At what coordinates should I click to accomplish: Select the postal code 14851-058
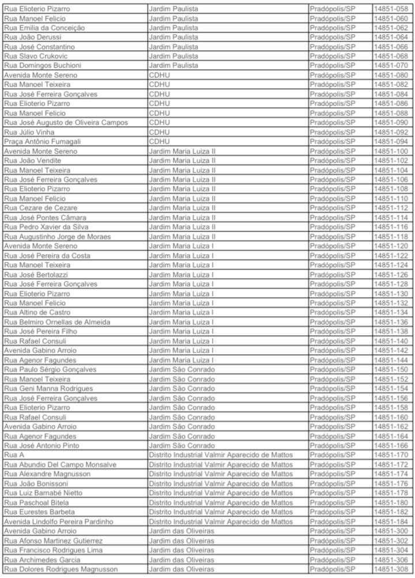[390, 9]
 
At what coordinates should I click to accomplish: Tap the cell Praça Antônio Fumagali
[42, 141]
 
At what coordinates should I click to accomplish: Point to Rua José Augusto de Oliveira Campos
[66, 122]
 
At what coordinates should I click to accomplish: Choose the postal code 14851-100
[390, 151]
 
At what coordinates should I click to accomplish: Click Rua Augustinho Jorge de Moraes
[58, 237]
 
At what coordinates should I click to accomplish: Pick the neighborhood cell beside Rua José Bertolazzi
[181, 275]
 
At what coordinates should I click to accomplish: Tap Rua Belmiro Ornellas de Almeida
[57, 322]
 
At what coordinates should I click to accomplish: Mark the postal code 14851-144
[390, 360]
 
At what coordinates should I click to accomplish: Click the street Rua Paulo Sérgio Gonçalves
[50, 369]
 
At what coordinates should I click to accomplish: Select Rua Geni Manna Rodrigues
[48, 388]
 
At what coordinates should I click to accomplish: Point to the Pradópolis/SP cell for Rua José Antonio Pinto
[332, 445]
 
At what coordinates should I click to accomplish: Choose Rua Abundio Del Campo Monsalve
[60, 464]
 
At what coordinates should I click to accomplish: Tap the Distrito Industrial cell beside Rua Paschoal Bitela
[221, 502]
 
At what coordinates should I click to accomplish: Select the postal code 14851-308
[390, 569]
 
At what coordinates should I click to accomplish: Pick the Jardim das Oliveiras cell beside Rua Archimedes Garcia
[181, 560]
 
